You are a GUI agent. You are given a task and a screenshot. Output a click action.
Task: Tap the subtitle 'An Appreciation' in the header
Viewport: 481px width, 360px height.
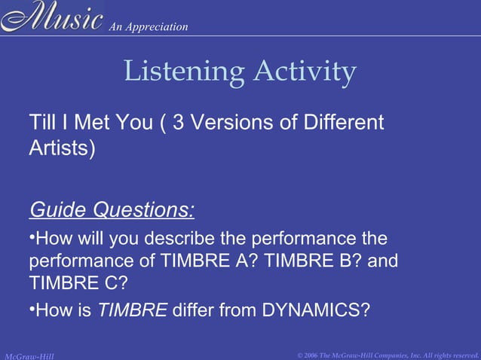(148, 27)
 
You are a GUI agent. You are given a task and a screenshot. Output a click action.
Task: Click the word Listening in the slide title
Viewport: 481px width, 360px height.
(182, 72)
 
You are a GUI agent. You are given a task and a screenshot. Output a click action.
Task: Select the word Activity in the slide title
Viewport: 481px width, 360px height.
(305, 72)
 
